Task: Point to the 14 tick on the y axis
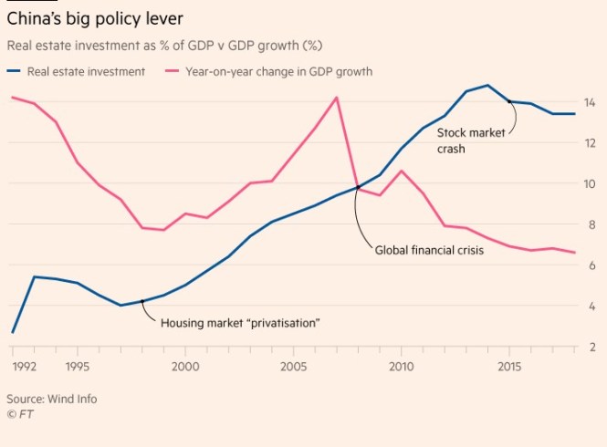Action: coord(590,102)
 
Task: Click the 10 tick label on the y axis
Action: coord(590,183)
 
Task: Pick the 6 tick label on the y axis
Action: coord(591,265)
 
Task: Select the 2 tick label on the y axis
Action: coord(591,347)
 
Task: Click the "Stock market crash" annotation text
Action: coord(477,140)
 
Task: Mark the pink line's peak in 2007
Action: coord(337,98)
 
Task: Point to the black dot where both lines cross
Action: coord(358,187)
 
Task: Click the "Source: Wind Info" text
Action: coord(52,399)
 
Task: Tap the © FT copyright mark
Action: coord(18,414)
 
